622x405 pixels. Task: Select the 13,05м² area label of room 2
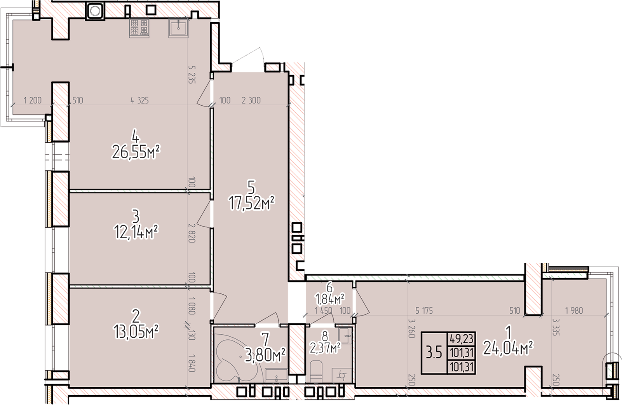coord(136,332)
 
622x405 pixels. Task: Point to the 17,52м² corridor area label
coord(252,203)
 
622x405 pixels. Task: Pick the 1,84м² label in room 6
coord(329,299)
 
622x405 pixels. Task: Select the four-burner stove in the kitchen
coord(139,28)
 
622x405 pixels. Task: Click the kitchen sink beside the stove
coord(179,28)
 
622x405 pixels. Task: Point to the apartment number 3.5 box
coord(434,353)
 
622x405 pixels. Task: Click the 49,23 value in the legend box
coord(462,339)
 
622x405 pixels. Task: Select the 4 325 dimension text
coord(139,100)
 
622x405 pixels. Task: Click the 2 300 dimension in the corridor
coord(251,100)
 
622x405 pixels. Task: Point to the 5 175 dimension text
coord(424,311)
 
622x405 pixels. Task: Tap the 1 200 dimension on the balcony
coord(33,100)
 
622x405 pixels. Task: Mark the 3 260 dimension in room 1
coord(411,328)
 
